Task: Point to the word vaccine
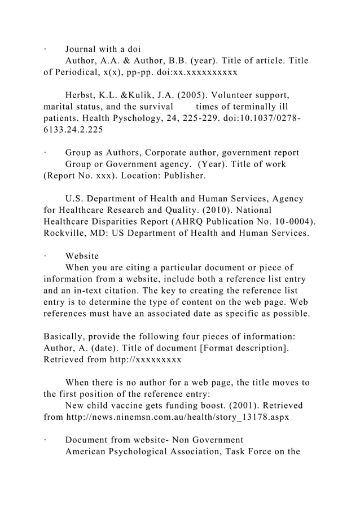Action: pos(137,406)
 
